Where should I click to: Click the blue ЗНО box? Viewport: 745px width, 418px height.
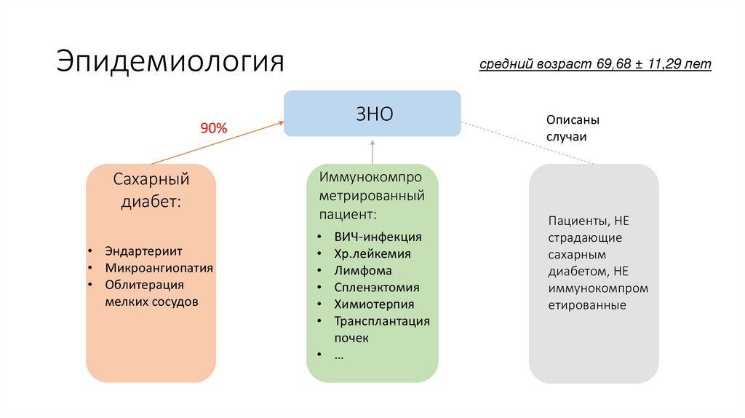372,114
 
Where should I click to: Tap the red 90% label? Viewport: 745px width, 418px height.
214,128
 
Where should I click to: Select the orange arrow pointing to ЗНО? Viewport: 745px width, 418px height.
218,143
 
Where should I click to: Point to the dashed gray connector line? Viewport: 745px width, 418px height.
527,143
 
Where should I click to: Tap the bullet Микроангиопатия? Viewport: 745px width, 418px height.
159,267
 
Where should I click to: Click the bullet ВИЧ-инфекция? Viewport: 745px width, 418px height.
378,237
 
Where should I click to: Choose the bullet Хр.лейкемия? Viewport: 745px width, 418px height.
372,254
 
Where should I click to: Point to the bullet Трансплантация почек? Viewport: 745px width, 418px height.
382,329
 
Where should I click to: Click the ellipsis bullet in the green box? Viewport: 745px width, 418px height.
339,355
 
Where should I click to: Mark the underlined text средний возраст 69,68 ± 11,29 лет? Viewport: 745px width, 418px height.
595,64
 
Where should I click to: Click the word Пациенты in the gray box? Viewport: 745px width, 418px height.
578,221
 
